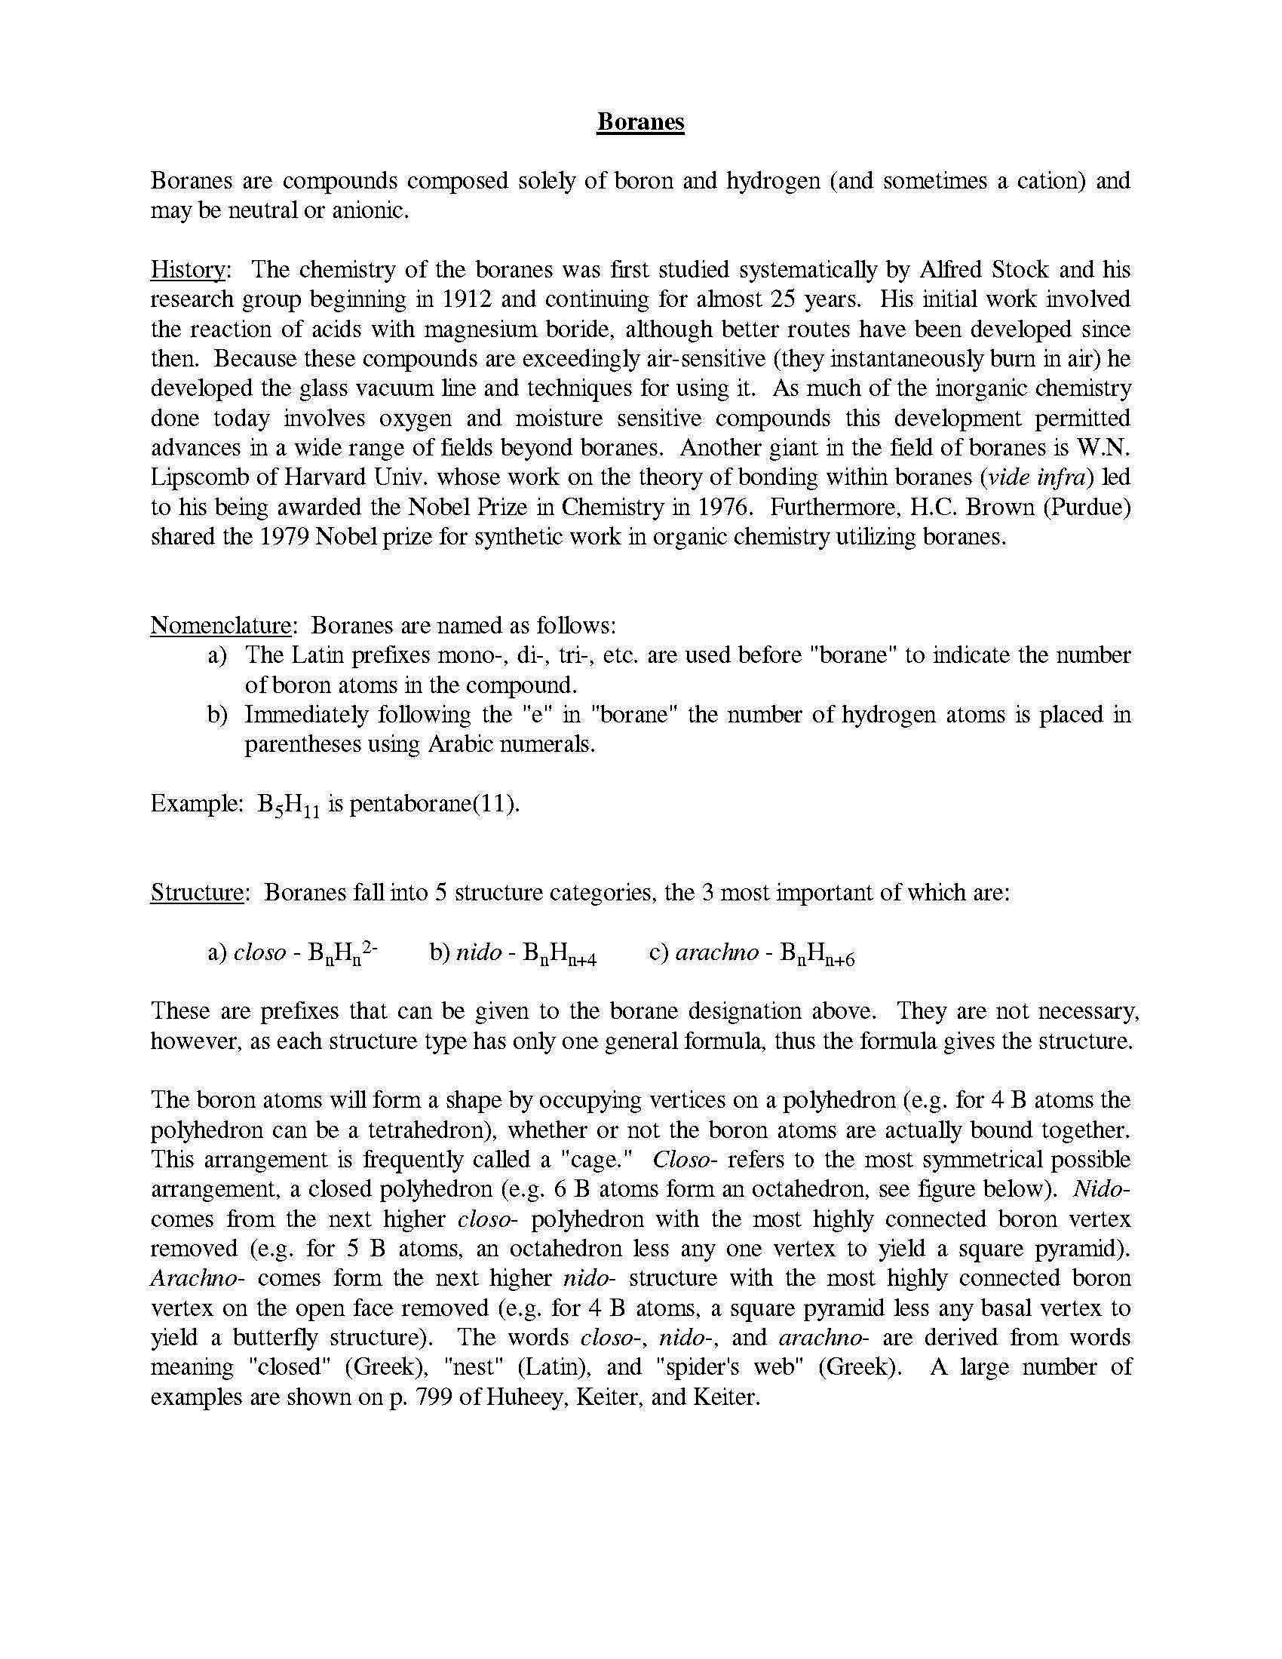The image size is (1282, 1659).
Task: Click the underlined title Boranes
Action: click(640, 122)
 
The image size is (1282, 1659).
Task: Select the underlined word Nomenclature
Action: click(221, 625)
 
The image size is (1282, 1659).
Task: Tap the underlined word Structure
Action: click(197, 892)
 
